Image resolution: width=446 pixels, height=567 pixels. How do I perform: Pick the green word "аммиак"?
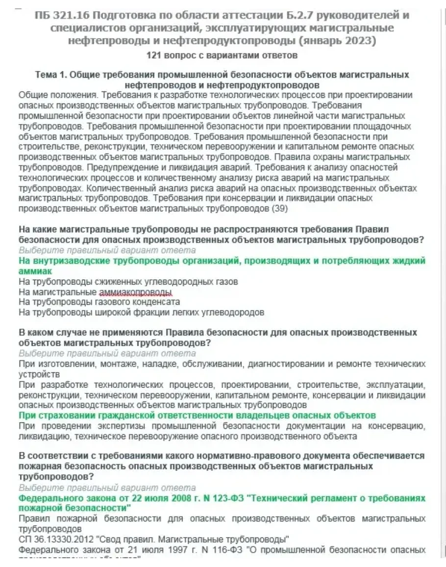pyautogui.click(x=35, y=271)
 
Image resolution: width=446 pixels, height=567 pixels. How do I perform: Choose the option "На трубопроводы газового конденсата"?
pyautogui.click(x=99, y=302)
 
